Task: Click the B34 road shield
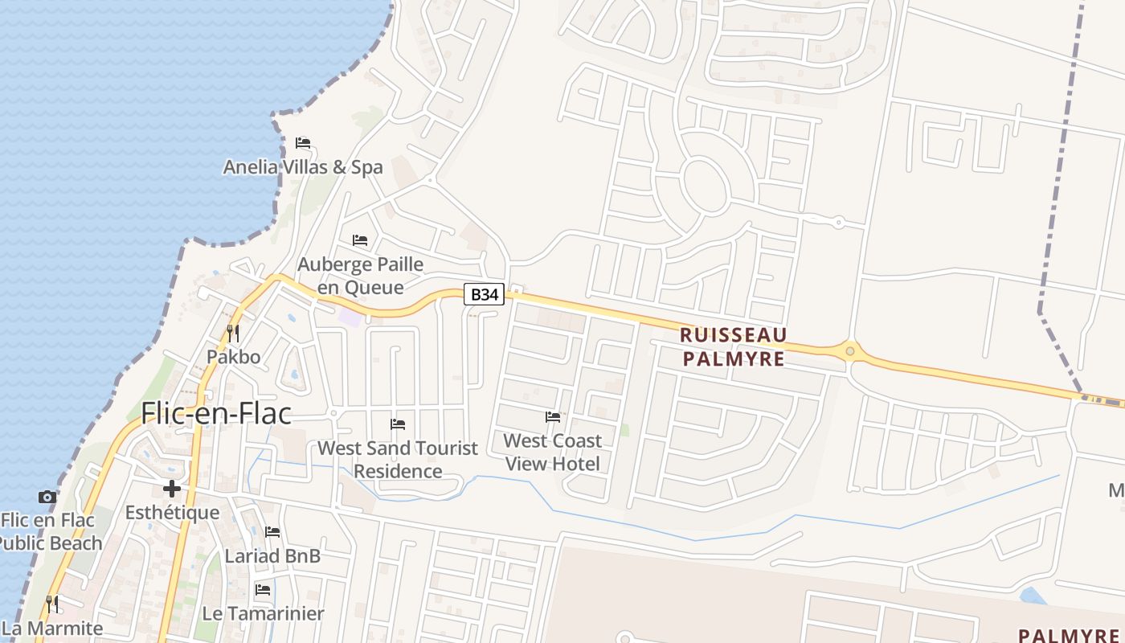[x=484, y=295]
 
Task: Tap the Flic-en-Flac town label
[x=215, y=413]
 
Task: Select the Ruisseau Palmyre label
[x=733, y=346]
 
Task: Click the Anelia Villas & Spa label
[x=303, y=167]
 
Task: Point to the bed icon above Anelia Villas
[x=303, y=143]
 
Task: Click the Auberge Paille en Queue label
[x=361, y=276]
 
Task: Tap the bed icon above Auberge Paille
[x=360, y=240]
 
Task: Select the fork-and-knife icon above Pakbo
[x=233, y=333]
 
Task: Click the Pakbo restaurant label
[x=234, y=356]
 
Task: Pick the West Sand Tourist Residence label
[x=398, y=459]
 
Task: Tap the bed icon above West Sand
[x=398, y=424]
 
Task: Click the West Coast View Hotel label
[x=553, y=452]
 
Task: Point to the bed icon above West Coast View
[x=553, y=417]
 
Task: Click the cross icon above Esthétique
[x=172, y=489]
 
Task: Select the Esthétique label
[x=172, y=512]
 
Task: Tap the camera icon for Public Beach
[x=47, y=498]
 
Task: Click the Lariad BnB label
[x=272, y=555]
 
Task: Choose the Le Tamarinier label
[x=263, y=613]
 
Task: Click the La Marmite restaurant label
[x=53, y=628]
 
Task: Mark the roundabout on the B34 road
[x=850, y=351]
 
